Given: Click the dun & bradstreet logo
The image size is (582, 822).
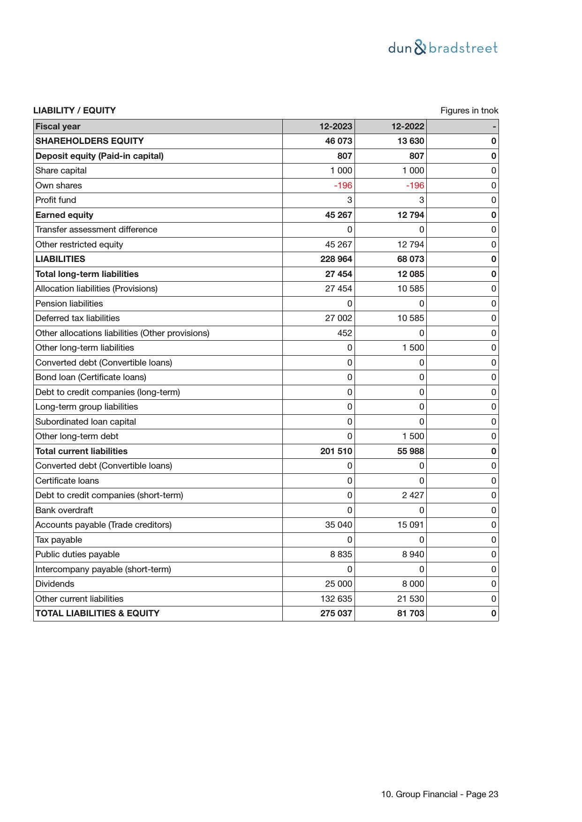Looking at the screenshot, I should [443, 48].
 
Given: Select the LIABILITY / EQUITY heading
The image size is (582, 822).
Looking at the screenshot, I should [74, 111].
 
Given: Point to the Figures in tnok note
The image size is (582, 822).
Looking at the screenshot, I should [469, 111].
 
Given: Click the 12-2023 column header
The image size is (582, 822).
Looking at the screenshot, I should [336, 127].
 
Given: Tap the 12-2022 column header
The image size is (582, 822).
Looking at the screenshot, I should [408, 127].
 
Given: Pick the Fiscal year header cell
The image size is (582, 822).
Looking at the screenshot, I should [58, 127].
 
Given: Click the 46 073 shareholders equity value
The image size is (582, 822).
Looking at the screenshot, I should [339, 141].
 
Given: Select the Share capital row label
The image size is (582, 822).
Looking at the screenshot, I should [61, 171].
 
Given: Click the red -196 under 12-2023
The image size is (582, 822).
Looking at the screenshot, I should [343, 186].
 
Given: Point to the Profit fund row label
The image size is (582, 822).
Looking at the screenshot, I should [55, 200].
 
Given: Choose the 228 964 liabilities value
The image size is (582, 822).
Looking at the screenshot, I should [336, 259].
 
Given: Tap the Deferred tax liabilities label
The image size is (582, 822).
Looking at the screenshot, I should [77, 318].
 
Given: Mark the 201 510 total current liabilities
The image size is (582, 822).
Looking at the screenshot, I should [336, 451].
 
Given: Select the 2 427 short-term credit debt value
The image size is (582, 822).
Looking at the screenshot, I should [413, 495].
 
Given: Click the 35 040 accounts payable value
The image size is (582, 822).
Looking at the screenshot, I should [339, 525].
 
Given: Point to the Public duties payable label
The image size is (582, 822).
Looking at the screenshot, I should [77, 554].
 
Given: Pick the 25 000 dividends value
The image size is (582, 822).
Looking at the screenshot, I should [339, 584].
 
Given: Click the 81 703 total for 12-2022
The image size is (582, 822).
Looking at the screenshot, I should [410, 613].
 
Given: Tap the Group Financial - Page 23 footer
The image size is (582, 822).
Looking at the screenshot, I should [439, 794].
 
